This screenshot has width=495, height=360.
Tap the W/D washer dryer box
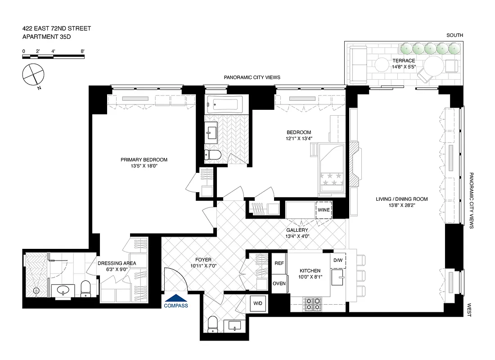pyautogui.click(x=257, y=304)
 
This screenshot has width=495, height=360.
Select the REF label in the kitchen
pyautogui.click(x=279, y=263)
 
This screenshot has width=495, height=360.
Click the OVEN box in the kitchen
pyautogui.click(x=279, y=283)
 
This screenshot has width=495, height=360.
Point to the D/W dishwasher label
pyautogui.click(x=338, y=261)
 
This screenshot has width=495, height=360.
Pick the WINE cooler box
pyautogui.click(x=324, y=210)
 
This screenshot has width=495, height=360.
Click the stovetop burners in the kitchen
pyautogui.click(x=312, y=305)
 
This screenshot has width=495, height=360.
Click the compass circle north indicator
pyautogui.click(x=33, y=74)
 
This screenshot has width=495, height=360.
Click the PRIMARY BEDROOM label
pyautogui.click(x=144, y=160)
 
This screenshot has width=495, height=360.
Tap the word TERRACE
pyautogui.click(x=403, y=61)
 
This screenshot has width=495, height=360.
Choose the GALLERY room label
pyautogui.click(x=297, y=230)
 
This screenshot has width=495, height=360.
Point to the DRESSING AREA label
pyautogui.click(x=117, y=263)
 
